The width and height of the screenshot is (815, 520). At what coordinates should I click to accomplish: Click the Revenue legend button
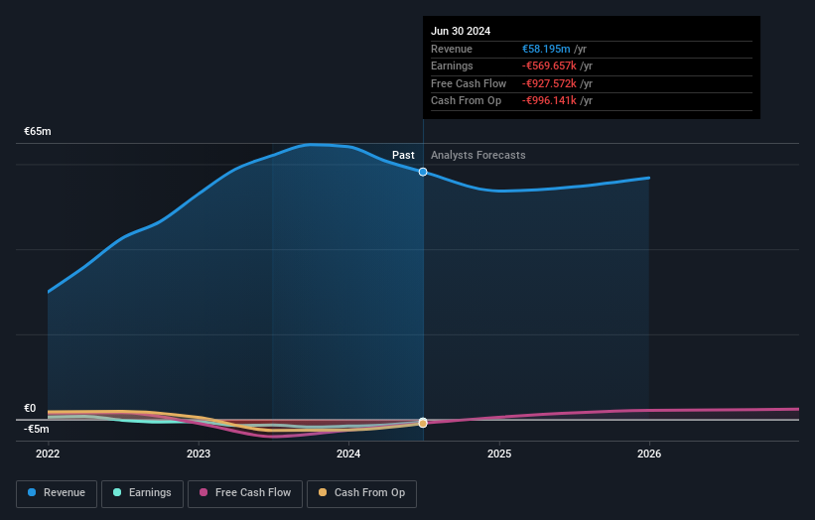tap(57, 492)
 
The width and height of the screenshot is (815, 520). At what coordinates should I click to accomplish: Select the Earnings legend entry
tap(142, 492)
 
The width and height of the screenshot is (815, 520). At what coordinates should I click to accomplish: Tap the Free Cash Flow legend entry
tap(245, 492)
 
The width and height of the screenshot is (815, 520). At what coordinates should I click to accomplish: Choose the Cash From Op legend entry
tap(361, 492)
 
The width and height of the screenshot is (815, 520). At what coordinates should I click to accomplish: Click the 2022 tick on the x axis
tap(48, 455)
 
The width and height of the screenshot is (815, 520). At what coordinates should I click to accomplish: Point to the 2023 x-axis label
tap(199, 455)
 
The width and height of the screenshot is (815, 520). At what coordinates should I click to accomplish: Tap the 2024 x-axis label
tap(348, 455)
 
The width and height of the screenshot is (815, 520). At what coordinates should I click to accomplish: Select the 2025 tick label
tap(499, 455)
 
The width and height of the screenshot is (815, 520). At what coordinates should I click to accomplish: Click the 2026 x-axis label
tap(649, 455)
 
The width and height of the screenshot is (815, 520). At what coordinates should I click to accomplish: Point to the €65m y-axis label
tap(38, 131)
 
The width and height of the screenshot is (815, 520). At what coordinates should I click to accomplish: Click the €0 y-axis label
tap(30, 408)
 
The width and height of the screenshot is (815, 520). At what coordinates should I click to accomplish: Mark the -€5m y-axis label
tap(37, 429)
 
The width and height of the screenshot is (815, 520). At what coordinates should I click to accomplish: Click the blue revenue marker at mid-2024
tap(423, 172)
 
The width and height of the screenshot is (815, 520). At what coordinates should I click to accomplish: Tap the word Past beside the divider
tap(403, 155)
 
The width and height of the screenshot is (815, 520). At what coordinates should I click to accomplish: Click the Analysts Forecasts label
tap(478, 155)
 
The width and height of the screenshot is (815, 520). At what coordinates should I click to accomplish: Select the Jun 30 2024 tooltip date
tap(461, 31)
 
